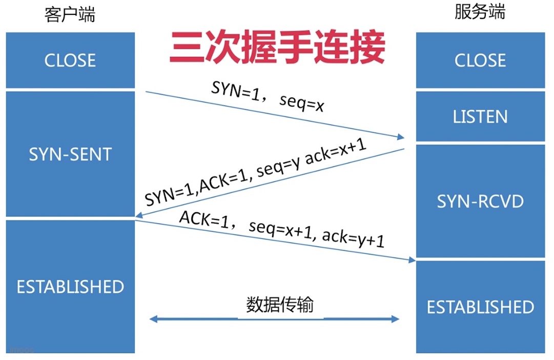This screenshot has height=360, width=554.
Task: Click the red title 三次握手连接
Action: click(x=277, y=48)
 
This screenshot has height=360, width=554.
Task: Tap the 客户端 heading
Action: click(x=70, y=15)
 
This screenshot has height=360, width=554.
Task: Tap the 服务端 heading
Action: click(x=480, y=12)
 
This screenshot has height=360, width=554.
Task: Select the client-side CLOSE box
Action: click(x=70, y=61)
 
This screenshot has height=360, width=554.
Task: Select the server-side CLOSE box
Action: click(x=480, y=61)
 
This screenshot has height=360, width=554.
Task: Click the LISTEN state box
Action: click(x=480, y=117)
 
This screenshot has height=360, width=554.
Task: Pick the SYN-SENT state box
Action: click(x=70, y=154)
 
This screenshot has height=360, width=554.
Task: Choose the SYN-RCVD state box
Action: click(x=480, y=201)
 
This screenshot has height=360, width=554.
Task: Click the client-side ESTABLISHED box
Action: click(x=70, y=287)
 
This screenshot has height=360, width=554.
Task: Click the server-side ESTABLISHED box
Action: click(x=480, y=307)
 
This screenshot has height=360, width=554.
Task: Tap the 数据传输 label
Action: click(x=279, y=305)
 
